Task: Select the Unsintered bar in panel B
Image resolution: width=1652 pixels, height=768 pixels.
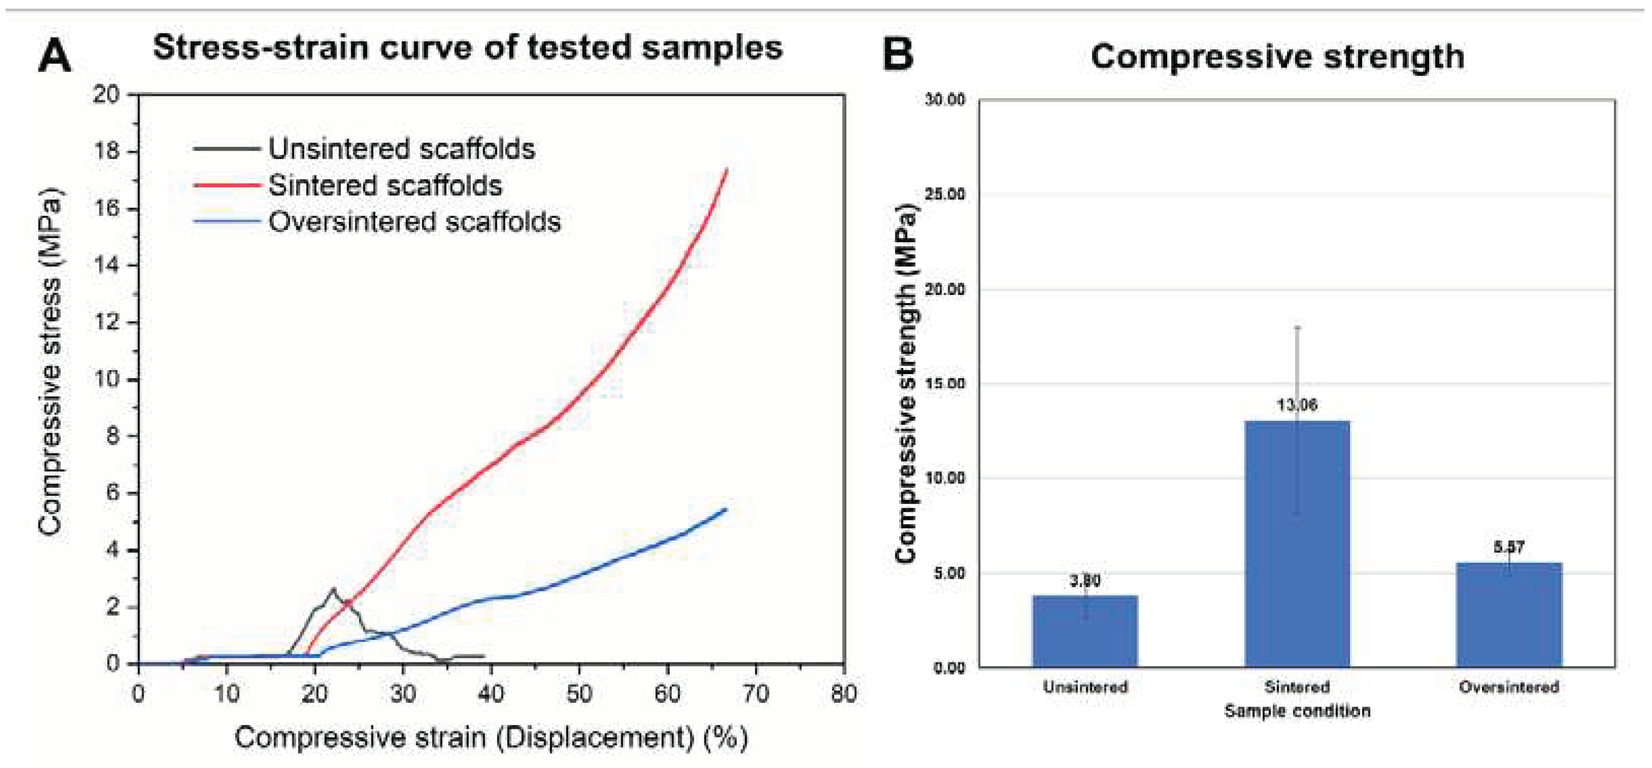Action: click(x=1084, y=631)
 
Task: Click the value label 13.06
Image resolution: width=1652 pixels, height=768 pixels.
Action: click(x=1297, y=405)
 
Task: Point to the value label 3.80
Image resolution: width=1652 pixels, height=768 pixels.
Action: click(x=1084, y=581)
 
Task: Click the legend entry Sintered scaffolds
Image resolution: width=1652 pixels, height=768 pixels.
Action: click(x=385, y=185)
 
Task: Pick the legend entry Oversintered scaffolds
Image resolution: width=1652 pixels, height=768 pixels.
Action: click(x=414, y=222)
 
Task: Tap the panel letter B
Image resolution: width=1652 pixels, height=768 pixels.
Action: click(x=897, y=55)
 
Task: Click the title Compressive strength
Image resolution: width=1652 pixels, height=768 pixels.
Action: click(x=1277, y=56)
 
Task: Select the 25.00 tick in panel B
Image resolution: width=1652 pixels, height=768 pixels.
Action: click(x=945, y=195)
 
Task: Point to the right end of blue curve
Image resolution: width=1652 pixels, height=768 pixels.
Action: click(x=725, y=510)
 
